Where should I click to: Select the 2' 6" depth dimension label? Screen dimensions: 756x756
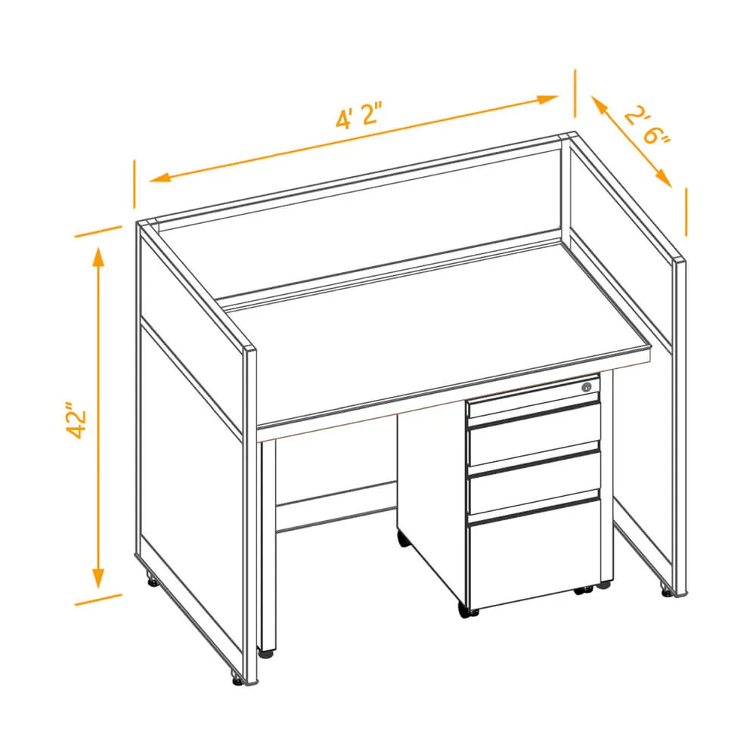pos(647,126)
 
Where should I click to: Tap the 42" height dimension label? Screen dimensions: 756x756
pos(76,420)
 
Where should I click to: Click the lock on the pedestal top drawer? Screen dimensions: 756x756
pos(587,386)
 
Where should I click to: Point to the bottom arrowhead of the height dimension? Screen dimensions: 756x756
pos(99,578)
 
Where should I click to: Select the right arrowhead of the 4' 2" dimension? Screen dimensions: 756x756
pos(547,99)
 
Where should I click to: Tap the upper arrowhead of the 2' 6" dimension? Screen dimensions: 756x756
pos(598,104)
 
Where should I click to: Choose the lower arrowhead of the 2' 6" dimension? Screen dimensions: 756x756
pos(664,178)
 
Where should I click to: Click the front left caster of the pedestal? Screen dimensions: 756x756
pos(466,611)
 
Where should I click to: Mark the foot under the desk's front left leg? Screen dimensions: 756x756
pos(265,653)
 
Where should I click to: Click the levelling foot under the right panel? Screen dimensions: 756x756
pos(666,590)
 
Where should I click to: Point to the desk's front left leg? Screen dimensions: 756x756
pos(268,545)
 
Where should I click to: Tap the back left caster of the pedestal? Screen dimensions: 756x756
pos(403,538)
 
